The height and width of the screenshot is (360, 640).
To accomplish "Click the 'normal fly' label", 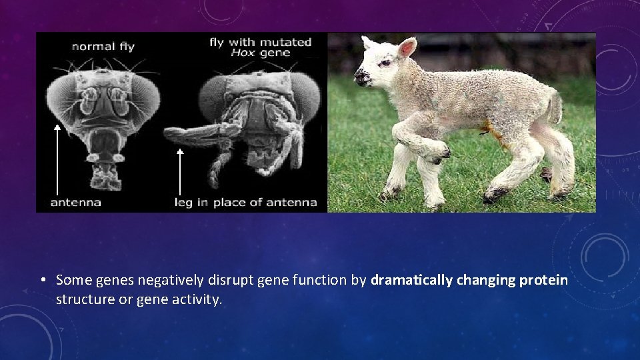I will (103, 47).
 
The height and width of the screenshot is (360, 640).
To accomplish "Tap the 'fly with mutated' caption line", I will (261, 42).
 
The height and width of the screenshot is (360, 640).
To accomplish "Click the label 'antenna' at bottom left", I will (76, 202).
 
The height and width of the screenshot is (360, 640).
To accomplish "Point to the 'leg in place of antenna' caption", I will (245, 202).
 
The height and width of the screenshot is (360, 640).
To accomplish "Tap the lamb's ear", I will (406, 48).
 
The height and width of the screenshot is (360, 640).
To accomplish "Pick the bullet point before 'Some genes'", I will (42, 281).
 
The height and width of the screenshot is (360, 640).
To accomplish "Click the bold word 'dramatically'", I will (412, 281).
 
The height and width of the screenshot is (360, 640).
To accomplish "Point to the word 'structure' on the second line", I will (85, 300).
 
